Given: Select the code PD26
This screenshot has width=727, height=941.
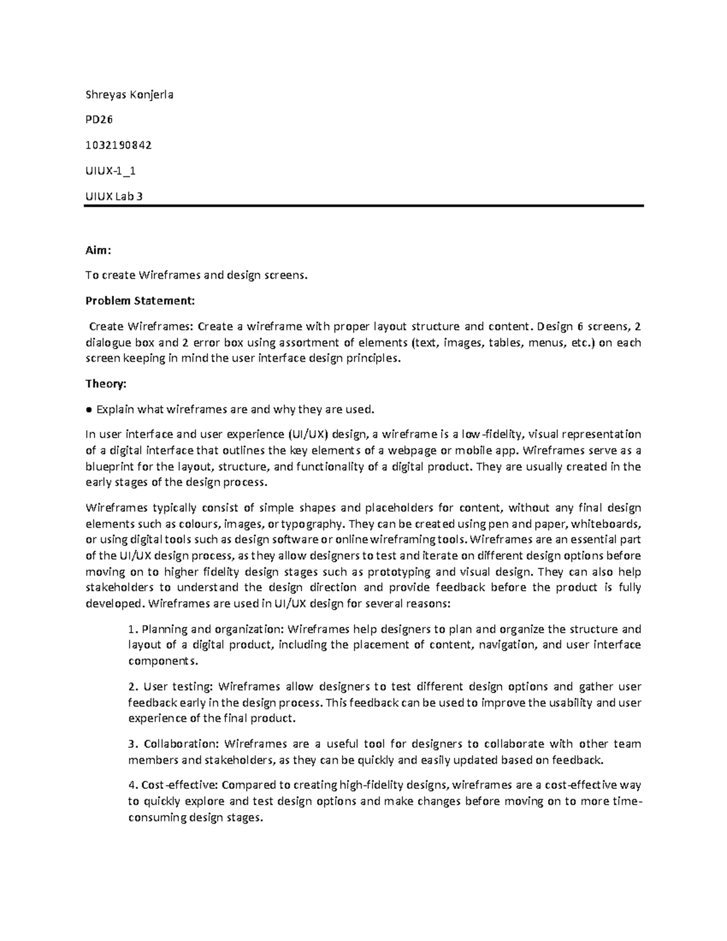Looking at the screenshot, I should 99,120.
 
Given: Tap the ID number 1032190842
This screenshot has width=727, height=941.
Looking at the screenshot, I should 118,145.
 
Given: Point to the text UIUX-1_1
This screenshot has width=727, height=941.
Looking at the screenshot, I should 110,171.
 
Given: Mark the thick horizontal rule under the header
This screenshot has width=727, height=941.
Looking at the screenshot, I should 363,206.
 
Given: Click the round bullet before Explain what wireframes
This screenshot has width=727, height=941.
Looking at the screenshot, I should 89,410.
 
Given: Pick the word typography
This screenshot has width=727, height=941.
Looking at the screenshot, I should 312,524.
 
